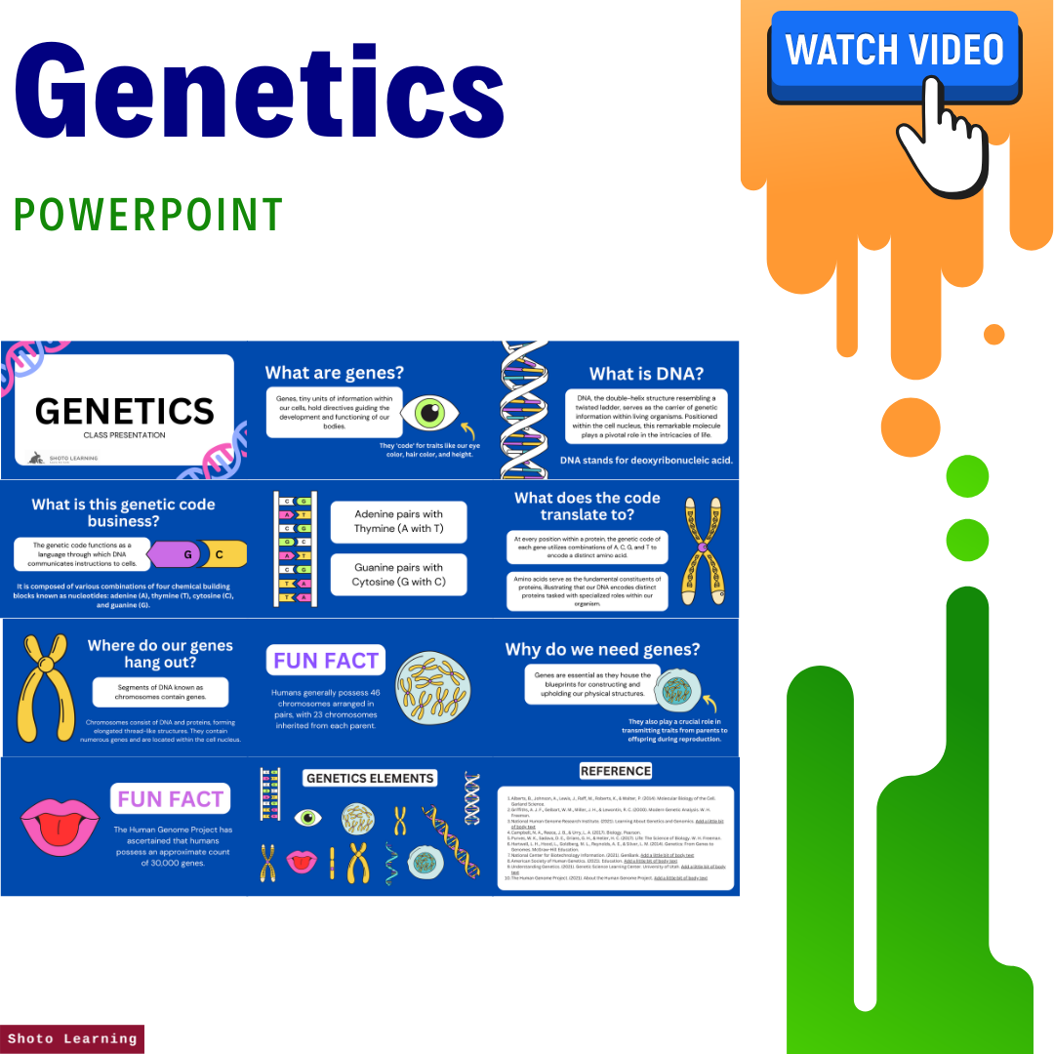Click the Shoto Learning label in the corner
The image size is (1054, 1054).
pos(72,1038)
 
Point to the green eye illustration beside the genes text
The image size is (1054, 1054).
pos(429,412)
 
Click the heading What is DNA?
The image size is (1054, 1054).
pos(646,374)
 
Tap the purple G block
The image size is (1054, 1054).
pos(184,554)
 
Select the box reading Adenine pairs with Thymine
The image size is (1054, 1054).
pos(398,521)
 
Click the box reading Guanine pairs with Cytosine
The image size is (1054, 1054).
pos(398,575)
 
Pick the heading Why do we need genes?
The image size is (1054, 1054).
pos(616,649)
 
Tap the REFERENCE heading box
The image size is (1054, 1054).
pos(615,771)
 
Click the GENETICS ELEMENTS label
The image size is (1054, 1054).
pos(369,778)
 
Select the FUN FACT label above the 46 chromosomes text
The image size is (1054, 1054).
pos(325,661)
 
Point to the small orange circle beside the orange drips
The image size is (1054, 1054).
pos(993,334)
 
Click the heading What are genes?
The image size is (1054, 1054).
pos(334,372)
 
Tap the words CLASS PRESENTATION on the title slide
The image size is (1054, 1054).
pos(124,435)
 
